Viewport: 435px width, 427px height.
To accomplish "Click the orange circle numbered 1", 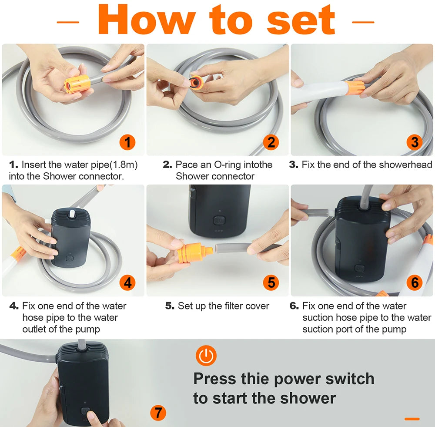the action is click(x=127, y=142).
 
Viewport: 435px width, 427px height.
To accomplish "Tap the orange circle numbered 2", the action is click(x=271, y=142).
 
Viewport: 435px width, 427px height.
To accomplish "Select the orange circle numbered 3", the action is click(x=415, y=142).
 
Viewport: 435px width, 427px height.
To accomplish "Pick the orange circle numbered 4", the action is click(x=127, y=282).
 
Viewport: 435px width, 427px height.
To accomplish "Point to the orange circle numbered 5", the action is click(x=271, y=282).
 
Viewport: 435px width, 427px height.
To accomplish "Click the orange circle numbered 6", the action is click(x=415, y=282).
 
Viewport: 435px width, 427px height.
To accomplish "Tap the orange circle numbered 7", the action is click(x=158, y=413).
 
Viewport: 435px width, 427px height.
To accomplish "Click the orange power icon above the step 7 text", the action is click(x=206, y=356).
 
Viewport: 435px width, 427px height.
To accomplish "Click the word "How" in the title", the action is click(x=147, y=20).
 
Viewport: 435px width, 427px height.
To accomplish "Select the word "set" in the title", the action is click(x=301, y=20).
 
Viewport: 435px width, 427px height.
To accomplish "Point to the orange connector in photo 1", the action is click(x=77, y=84).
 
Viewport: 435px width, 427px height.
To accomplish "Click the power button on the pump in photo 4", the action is click(x=69, y=259).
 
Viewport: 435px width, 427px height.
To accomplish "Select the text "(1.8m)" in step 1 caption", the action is click(x=124, y=165).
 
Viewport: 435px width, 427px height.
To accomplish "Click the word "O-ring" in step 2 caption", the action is click(x=228, y=165).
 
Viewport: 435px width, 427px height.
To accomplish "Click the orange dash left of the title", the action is click(x=68, y=22).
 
